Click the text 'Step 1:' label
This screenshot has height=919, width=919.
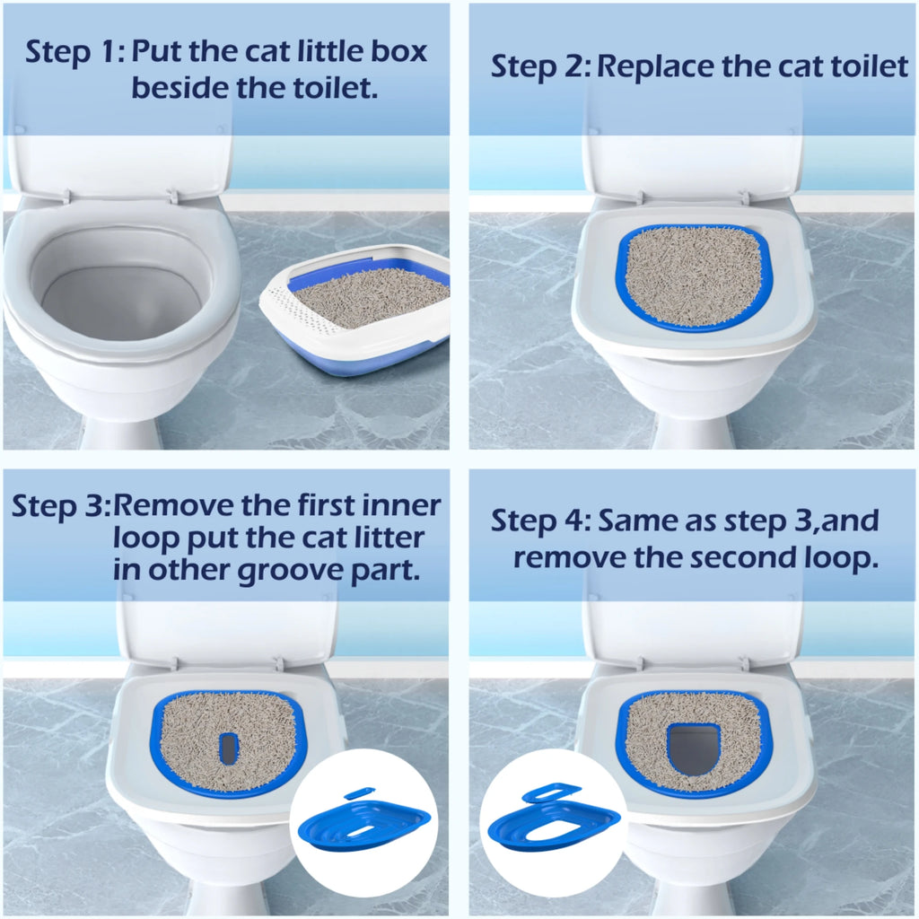coord(74,52)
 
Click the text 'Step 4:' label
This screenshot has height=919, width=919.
coord(540,521)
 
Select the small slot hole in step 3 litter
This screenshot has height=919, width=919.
coord(229,747)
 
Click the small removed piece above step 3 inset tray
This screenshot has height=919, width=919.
coord(360,792)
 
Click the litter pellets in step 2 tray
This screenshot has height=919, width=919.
coord(693,274)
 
